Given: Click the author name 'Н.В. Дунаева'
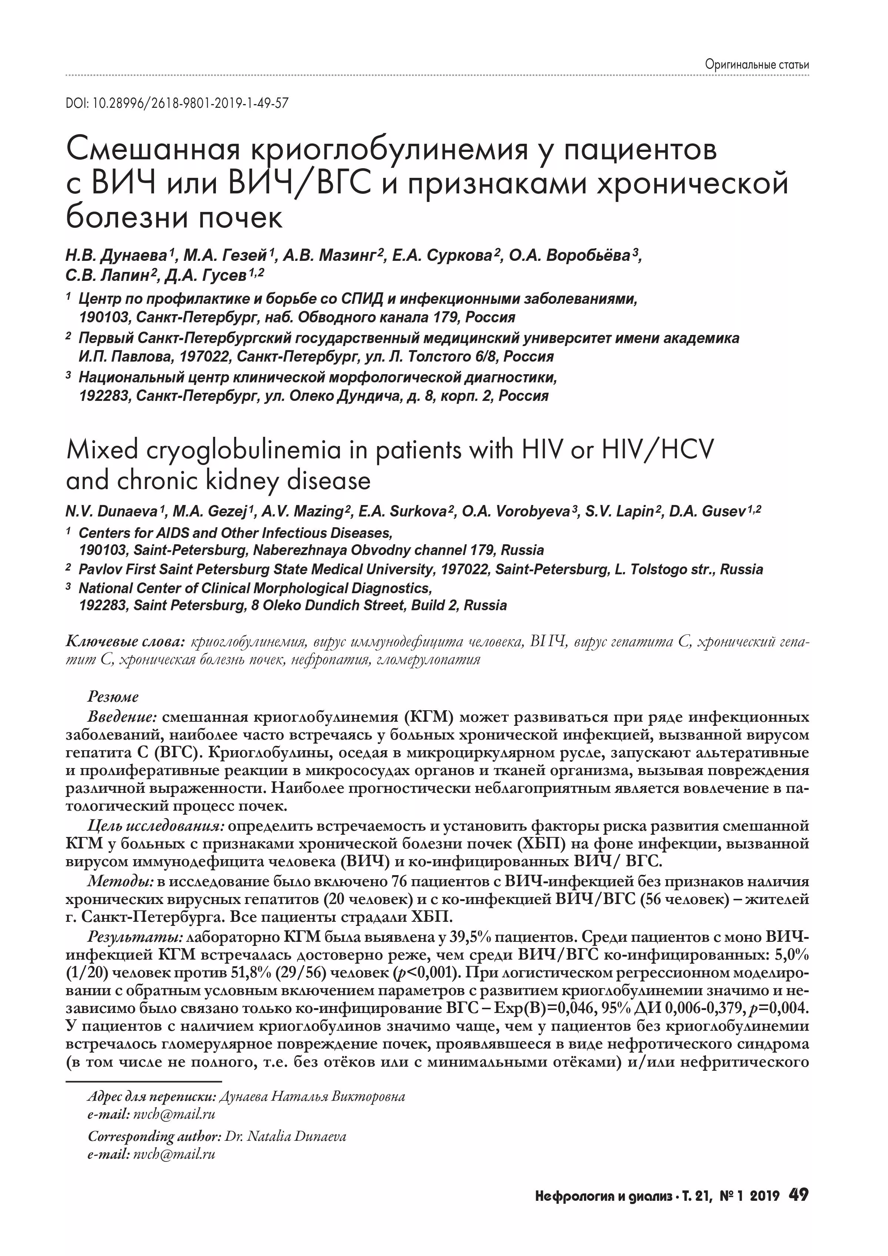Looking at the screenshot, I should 117,256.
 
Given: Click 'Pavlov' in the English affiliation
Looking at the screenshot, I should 100,569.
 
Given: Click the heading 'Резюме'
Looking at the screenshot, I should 113,697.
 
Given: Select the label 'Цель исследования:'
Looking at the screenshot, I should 156,825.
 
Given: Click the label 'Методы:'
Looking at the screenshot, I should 121,882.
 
